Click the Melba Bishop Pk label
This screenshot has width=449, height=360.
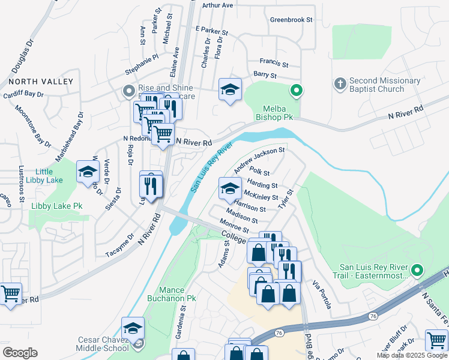pos(277,113)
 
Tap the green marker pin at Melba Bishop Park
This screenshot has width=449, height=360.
pos(295,91)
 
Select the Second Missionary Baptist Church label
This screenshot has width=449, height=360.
pos(376,85)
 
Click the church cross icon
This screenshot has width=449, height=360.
pos(339,83)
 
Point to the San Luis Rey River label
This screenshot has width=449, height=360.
pos(211,167)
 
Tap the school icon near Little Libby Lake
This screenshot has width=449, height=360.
pos(88,172)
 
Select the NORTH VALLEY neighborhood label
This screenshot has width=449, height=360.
pos(41,81)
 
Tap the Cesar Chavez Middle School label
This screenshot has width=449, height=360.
pos(103,344)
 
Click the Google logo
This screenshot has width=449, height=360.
pos(20,353)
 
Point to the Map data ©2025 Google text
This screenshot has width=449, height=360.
pos(411,355)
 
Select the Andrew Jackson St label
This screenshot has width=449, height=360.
pos(259,160)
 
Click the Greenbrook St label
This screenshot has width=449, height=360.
pos(292,20)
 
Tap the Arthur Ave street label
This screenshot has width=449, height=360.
pos(217,5)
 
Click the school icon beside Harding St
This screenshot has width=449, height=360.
pos(229,188)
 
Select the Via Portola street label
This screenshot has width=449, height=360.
pos(321,294)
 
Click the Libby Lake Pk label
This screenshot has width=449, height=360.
pos(56,206)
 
